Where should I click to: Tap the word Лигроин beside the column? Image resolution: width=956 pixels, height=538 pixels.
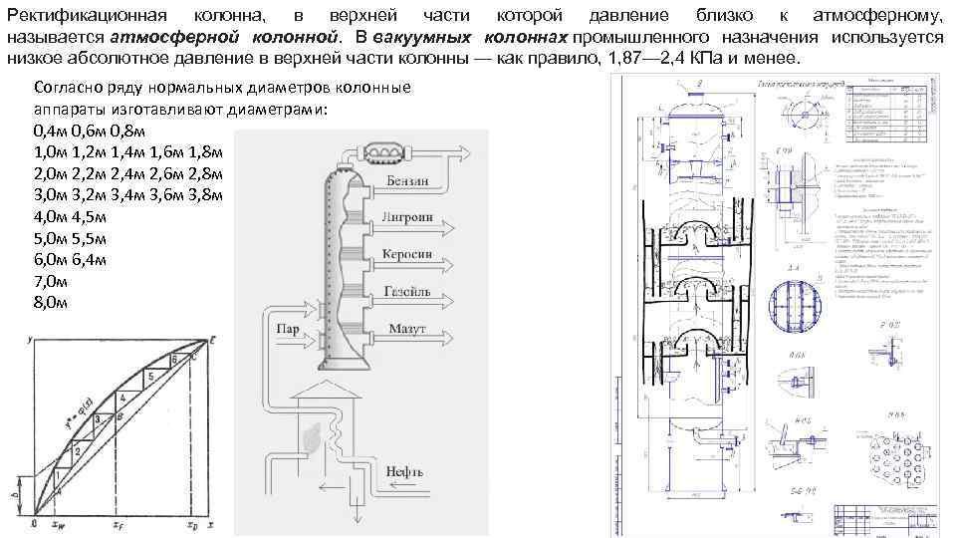click(x=406, y=218)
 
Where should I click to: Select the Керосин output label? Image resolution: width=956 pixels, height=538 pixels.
click(x=406, y=254)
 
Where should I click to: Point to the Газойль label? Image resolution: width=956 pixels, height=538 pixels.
click(x=406, y=291)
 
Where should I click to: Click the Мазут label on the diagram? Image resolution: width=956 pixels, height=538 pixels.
click(x=405, y=328)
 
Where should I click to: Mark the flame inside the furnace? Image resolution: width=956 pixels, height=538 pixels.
click(x=314, y=436)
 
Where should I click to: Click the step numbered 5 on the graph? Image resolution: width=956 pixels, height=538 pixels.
click(x=149, y=378)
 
